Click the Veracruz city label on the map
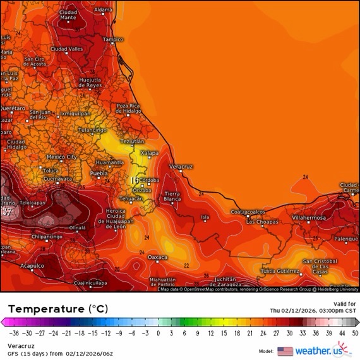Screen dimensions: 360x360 coord(181,166)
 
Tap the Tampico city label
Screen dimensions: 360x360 coord(113,39)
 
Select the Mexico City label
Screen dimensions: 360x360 coord(61,157)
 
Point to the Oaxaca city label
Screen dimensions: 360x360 coord(157,258)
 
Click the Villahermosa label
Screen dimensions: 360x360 coord(309,217)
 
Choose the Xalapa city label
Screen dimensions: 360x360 coord(149,152)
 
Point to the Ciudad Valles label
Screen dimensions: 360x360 coord(66,49)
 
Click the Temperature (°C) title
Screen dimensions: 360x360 coord(58,309)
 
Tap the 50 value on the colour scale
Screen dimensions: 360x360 coord(356,333)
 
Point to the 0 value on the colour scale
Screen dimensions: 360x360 coord(158,333)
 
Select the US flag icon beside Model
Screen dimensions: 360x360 coord(285,351)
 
